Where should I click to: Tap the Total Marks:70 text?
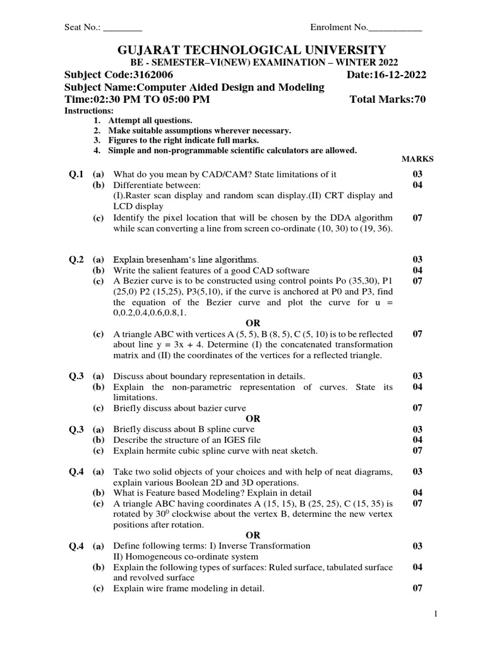(x=387, y=100)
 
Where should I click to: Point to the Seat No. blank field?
(x=123, y=27)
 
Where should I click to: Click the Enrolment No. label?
(x=338, y=27)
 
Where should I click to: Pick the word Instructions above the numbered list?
(x=89, y=110)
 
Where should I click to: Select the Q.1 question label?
(x=76, y=174)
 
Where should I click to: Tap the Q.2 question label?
(x=76, y=259)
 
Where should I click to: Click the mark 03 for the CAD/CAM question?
(x=417, y=174)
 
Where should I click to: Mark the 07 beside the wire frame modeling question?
(x=417, y=589)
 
